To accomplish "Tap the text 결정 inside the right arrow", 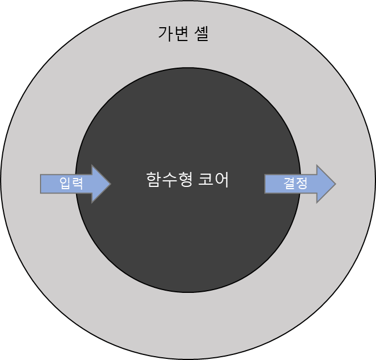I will click(x=295, y=184).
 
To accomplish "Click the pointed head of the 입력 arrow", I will click(x=102, y=184).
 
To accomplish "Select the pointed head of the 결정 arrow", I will click(x=326, y=184).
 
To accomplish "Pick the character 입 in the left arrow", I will click(x=65, y=184).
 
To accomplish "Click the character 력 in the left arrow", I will click(x=77, y=184).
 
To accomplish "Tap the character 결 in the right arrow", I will click(x=289, y=184).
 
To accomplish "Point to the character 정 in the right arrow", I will click(x=301, y=184).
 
